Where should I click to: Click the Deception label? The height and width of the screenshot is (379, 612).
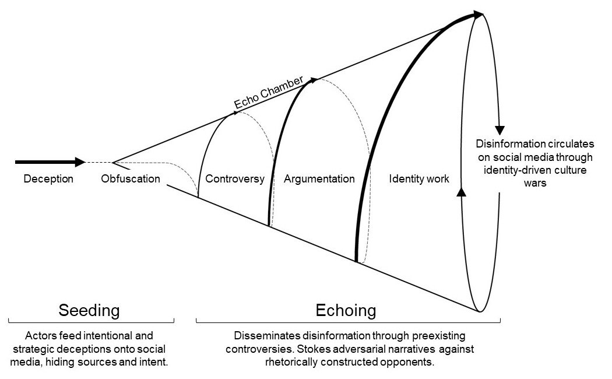point(48,179)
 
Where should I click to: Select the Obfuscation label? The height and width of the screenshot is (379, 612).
point(130,179)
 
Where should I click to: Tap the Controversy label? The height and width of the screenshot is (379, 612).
point(235,179)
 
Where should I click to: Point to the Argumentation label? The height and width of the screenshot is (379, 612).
point(319,179)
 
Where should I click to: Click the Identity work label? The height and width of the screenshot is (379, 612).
point(419,179)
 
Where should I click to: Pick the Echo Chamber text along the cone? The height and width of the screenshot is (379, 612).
point(269,93)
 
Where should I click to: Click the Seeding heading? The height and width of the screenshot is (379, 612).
point(89,310)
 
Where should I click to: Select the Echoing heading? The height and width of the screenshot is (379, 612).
point(346,310)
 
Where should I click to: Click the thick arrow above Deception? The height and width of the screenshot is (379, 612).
point(50,162)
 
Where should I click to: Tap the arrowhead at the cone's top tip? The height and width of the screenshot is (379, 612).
point(478,14)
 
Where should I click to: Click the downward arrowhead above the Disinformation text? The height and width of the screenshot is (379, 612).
point(499,130)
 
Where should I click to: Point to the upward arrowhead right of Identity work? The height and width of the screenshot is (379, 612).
point(462,192)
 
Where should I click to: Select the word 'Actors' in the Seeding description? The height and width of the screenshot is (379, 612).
point(38,336)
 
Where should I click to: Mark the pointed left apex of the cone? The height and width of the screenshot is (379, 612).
point(113,162)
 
